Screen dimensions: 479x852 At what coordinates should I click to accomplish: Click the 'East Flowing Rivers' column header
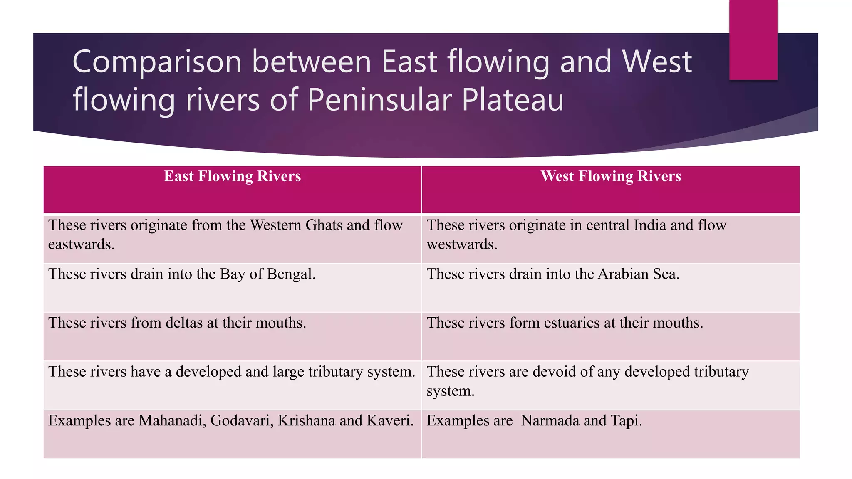232,176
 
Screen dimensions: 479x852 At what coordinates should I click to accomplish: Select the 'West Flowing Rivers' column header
611,176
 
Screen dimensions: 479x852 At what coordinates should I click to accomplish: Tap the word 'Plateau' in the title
513,100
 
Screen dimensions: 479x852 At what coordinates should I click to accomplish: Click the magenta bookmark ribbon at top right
753,40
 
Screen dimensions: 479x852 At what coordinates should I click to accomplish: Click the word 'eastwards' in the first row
81,244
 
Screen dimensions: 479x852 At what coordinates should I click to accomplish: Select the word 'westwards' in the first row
462,244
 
